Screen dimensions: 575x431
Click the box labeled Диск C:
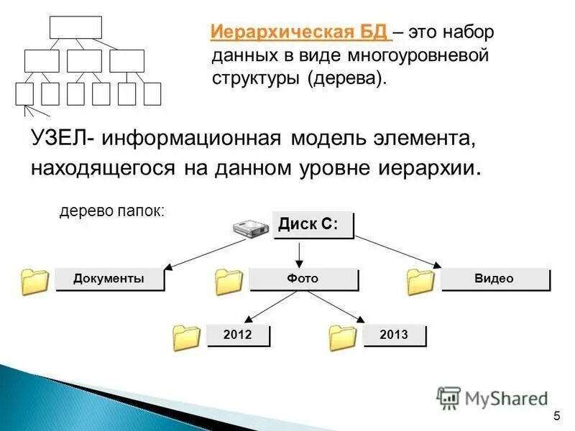(313, 224)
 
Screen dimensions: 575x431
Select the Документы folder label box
(109, 279)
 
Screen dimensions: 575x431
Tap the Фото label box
(303, 279)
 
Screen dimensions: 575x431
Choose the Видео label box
(494, 279)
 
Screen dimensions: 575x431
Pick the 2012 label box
(237, 335)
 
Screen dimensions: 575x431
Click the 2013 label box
(394, 335)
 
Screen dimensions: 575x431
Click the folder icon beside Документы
(34, 282)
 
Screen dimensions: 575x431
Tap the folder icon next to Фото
(229, 282)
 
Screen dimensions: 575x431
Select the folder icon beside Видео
(420, 282)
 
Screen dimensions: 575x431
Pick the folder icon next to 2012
(186, 338)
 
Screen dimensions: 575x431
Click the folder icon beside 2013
(343, 338)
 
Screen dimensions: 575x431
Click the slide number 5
(557, 417)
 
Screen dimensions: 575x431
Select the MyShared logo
(492, 397)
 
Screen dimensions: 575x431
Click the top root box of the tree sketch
(75, 27)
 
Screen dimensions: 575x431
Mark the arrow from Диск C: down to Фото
(300, 253)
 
